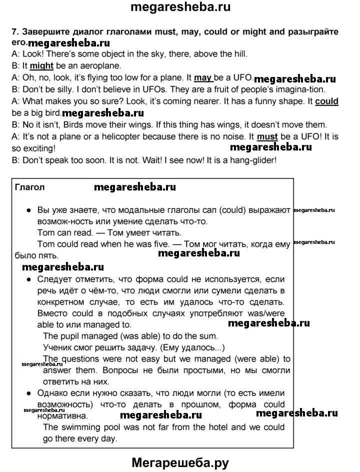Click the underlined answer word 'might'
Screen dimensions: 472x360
click(41, 65)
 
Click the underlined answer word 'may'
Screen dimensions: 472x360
click(202, 77)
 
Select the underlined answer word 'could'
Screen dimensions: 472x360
click(327, 101)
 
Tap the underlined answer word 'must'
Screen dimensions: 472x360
click(267, 136)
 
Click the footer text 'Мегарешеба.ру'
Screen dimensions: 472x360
click(180, 462)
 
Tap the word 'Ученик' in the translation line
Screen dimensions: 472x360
click(57, 347)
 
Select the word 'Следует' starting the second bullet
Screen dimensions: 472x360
click(54, 279)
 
